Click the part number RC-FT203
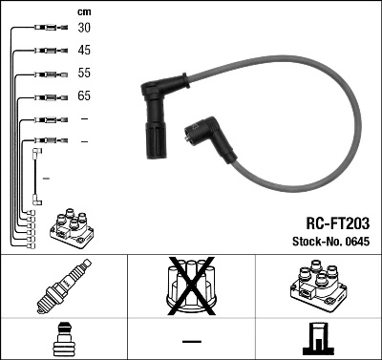(329, 222)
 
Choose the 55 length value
(83, 74)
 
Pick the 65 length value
(83, 96)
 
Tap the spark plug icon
(63, 287)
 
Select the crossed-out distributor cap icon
(191, 286)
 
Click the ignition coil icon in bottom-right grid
(317, 286)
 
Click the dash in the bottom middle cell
(191, 340)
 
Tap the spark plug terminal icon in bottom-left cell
(63, 339)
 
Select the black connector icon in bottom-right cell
(317, 339)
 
